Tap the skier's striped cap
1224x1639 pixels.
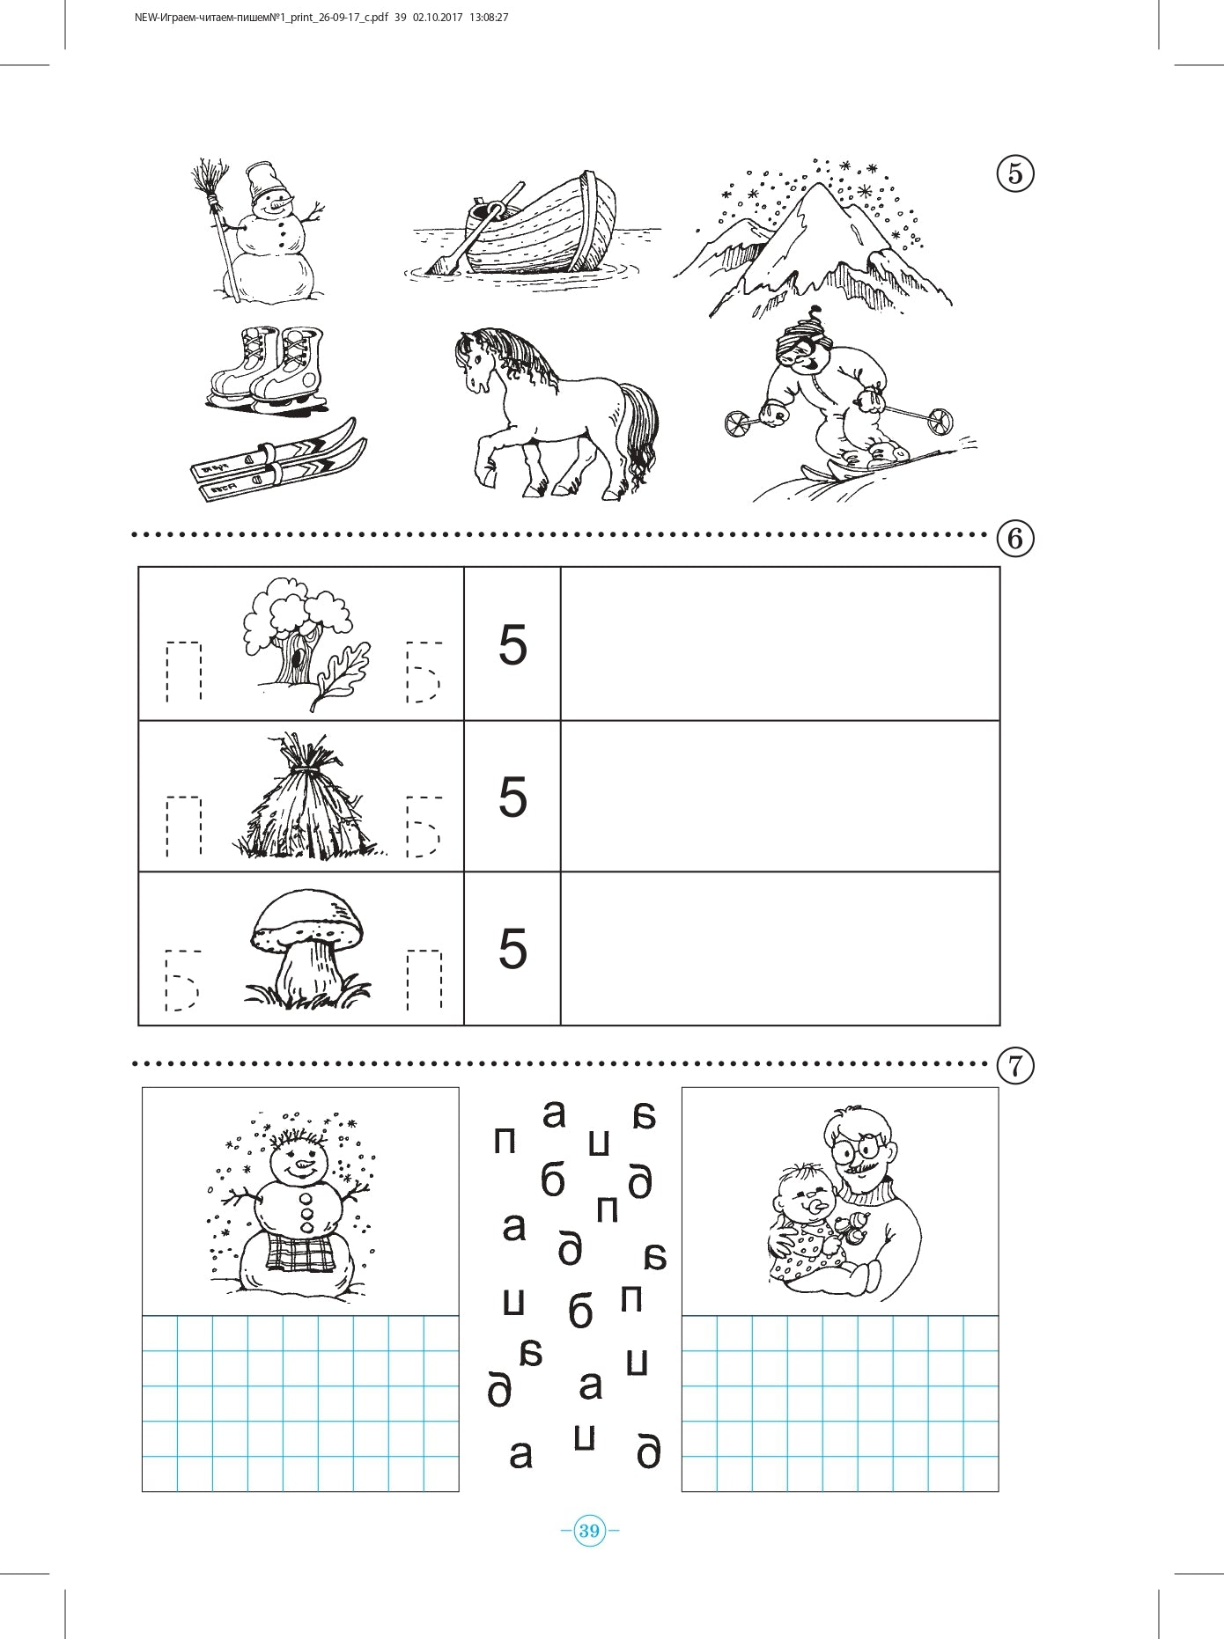(x=801, y=334)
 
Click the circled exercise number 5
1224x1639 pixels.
(x=1015, y=174)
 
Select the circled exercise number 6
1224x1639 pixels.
(x=1015, y=537)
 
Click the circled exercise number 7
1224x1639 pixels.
(x=1015, y=1066)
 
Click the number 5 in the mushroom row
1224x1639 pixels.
(x=512, y=949)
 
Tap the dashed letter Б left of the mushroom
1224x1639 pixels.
(x=182, y=980)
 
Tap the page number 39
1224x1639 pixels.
(x=589, y=1531)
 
